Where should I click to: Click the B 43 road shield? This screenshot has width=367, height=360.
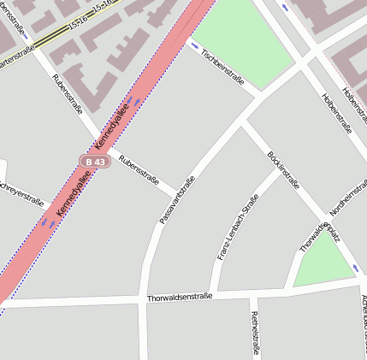click(94, 161)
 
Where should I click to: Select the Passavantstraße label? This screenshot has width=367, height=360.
click(178, 200)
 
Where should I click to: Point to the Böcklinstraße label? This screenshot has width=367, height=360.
click(282, 168)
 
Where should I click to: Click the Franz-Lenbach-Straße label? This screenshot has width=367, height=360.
click(237, 227)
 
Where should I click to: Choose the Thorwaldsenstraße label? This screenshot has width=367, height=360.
click(179, 298)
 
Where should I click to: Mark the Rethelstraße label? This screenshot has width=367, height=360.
click(254, 332)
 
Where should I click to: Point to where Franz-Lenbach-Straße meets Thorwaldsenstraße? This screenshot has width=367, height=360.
click(215, 296)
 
